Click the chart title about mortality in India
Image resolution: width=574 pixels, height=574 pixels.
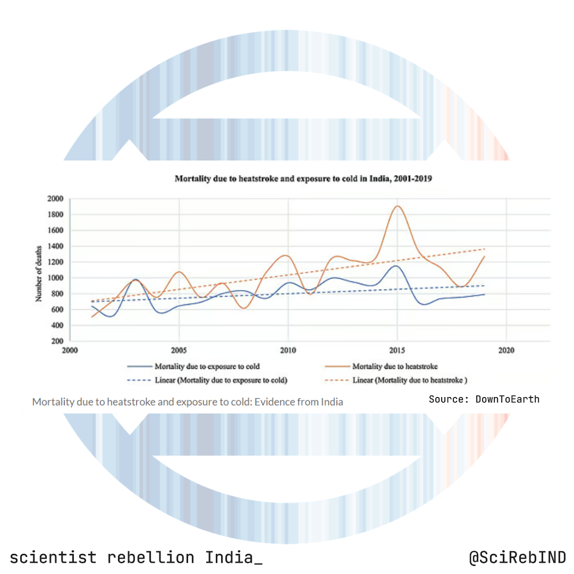coord(303,179)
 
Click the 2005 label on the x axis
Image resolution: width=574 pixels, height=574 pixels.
coord(179,351)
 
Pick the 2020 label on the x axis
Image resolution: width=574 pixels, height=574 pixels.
coord(507,351)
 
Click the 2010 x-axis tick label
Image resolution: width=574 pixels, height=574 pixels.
coord(288,351)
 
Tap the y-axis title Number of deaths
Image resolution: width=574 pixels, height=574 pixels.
coord(39,269)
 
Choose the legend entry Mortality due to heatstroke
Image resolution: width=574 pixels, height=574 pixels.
coord(394,366)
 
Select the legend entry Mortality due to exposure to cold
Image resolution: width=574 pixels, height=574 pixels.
coord(207,366)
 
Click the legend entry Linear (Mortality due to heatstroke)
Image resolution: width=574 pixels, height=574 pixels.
coord(409,380)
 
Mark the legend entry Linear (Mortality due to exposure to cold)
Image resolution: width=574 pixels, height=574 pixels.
coord(221,380)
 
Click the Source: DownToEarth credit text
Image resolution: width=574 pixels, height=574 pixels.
coord(484,399)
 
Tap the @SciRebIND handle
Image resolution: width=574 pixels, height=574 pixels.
coord(517,558)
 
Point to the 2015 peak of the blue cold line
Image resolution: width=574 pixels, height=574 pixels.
coord(395,266)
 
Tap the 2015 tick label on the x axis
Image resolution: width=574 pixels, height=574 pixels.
coord(398,351)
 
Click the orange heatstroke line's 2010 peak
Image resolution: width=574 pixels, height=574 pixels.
coord(286,256)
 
